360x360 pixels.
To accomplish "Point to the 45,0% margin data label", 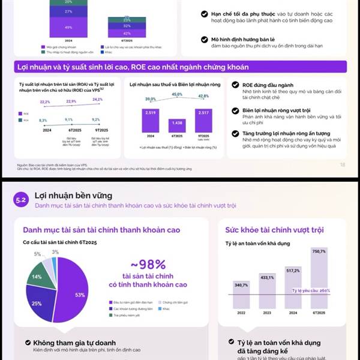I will (177, 94).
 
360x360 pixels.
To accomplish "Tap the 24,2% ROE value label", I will (97, 99).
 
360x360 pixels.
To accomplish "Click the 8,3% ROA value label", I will (43, 121).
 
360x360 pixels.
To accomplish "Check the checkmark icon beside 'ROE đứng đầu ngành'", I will (235, 85).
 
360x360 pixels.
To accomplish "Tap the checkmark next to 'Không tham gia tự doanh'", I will (28, 343).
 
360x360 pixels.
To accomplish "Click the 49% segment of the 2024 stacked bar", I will (68, 27).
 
